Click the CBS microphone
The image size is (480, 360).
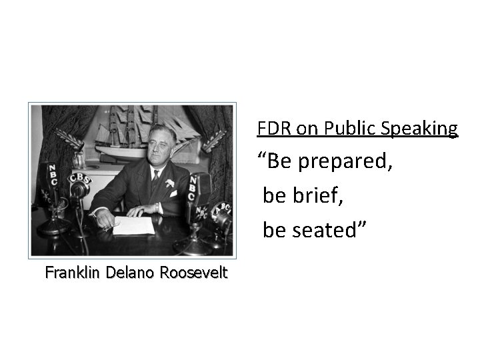pos(79,181)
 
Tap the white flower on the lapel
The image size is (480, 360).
pos(170,182)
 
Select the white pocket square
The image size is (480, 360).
pos(173,193)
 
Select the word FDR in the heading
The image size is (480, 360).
pos(271,128)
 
